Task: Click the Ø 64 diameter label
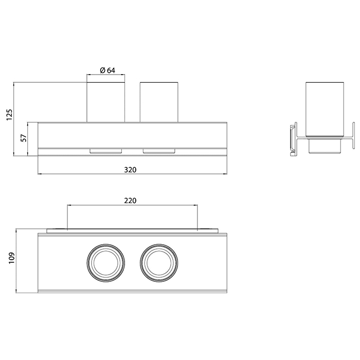coord(107,70)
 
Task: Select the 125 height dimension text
coord(9,115)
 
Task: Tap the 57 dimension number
coord(24,138)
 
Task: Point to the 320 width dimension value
coord(130,170)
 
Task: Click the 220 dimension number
coord(130,201)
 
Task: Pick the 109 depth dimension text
coord(11,258)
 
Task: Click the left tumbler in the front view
coord(105,102)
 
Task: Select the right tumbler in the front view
coord(159,102)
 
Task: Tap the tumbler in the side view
coord(325,110)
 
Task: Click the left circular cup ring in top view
coord(106,244)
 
